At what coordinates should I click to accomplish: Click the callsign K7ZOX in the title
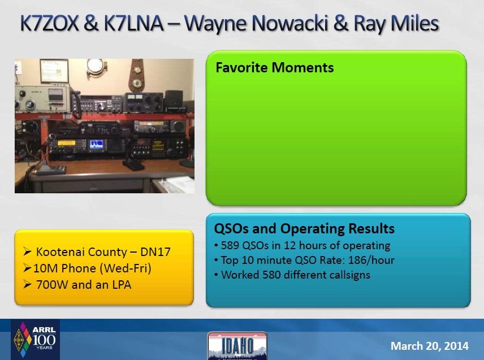tap(49, 23)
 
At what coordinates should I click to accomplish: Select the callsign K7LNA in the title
tap(133, 23)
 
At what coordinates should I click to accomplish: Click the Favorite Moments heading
tap(274, 68)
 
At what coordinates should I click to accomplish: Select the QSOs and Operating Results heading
tap(304, 228)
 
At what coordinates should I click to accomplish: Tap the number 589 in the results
tap(230, 245)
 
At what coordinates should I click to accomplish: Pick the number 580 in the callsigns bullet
tap(271, 275)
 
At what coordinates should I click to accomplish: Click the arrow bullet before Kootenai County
tap(27, 252)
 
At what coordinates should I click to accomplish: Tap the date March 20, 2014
tap(429, 346)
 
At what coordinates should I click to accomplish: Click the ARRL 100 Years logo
tap(35, 339)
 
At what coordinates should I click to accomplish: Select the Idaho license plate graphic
tap(237, 346)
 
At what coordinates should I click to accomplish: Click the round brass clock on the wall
tap(95, 67)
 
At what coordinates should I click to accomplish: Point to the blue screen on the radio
tap(97, 144)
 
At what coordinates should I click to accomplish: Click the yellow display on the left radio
tap(66, 143)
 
